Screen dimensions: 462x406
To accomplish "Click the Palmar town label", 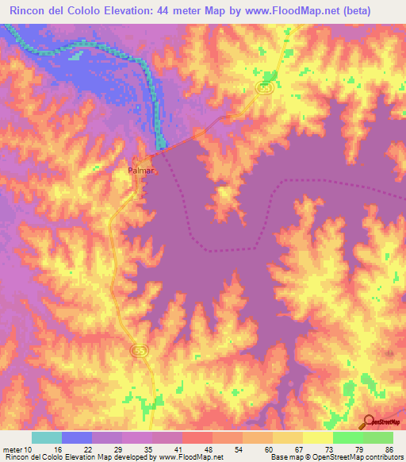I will coord(140,170).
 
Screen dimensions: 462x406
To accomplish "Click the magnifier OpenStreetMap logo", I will coord(369,422).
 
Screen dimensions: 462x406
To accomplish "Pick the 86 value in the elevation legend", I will coord(389,449).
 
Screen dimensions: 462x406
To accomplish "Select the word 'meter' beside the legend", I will coord(13,449).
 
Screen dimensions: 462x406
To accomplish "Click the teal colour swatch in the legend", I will coord(47,437).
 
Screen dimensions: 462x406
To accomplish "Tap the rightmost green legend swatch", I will coord(378,437).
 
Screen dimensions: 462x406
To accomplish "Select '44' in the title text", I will coord(179,13).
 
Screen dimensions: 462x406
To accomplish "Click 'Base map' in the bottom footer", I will coord(287,457).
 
